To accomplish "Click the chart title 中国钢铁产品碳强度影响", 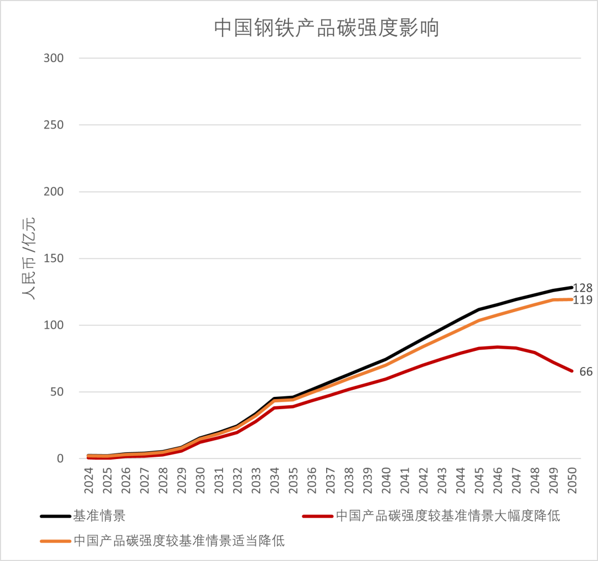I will point(326,28).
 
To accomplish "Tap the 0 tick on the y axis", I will point(61,459).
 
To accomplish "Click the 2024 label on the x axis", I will point(89,480).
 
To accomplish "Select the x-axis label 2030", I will point(200,480).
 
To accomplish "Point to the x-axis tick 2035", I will point(293,480).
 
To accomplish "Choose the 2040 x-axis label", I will point(386,480).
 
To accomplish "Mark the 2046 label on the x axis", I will point(498,480).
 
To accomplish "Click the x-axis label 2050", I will point(573,480).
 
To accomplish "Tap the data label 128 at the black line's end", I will point(583,288).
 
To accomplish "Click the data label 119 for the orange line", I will point(583,300).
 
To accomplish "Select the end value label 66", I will point(586,372).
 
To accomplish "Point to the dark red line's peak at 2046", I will point(498,347).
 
